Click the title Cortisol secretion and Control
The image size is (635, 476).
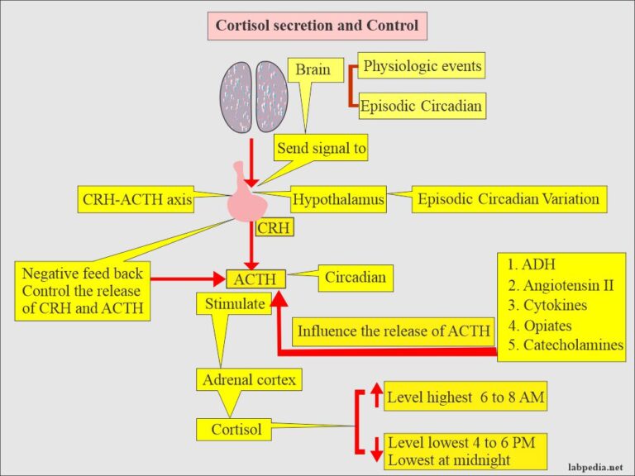pos(317,26)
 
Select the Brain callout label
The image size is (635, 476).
pos(313,70)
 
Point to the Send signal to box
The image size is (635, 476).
pos(322,149)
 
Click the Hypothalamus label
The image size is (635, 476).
pos(338,200)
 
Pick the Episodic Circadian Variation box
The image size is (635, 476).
pos(508,199)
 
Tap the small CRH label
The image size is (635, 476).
pos(274,227)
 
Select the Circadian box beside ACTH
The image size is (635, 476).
pos(355,278)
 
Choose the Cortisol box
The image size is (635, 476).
pos(236,430)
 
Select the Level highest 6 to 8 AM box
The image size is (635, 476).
pos(466,398)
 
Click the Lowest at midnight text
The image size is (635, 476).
pos(448,459)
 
